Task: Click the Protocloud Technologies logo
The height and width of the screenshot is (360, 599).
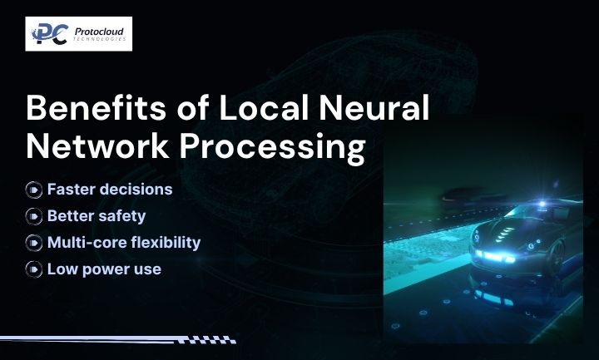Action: (79, 34)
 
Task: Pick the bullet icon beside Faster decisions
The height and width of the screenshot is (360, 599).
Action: (34, 190)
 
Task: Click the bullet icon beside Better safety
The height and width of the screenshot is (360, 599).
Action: (34, 216)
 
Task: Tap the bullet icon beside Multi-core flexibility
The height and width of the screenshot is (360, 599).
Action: (34, 243)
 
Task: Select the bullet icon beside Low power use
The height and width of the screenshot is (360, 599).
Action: (34, 269)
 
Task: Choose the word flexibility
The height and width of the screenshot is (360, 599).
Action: (163, 243)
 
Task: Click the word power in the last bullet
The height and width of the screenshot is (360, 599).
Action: (106, 269)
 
